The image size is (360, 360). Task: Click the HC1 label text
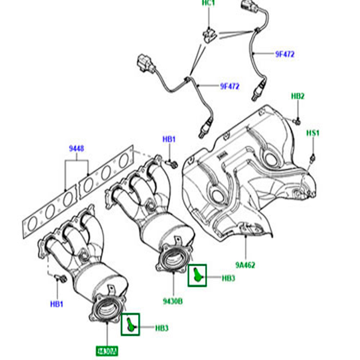point(209,3)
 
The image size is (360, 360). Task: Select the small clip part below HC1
point(210,35)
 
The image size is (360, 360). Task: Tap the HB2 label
point(298,96)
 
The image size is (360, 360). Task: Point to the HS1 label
point(313,134)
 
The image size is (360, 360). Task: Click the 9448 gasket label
point(77,149)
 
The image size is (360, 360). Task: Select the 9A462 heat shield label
point(245,265)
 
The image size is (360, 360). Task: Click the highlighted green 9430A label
point(107,351)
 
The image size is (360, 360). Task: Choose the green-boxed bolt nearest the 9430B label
point(197,275)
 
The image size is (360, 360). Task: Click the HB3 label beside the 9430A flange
point(162,328)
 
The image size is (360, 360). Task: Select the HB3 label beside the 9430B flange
point(228,278)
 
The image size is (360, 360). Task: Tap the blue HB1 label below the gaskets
point(57,304)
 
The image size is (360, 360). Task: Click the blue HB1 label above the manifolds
point(169,139)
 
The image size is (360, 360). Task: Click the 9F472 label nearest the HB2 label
point(285,54)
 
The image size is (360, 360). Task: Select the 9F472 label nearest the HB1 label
point(229,86)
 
